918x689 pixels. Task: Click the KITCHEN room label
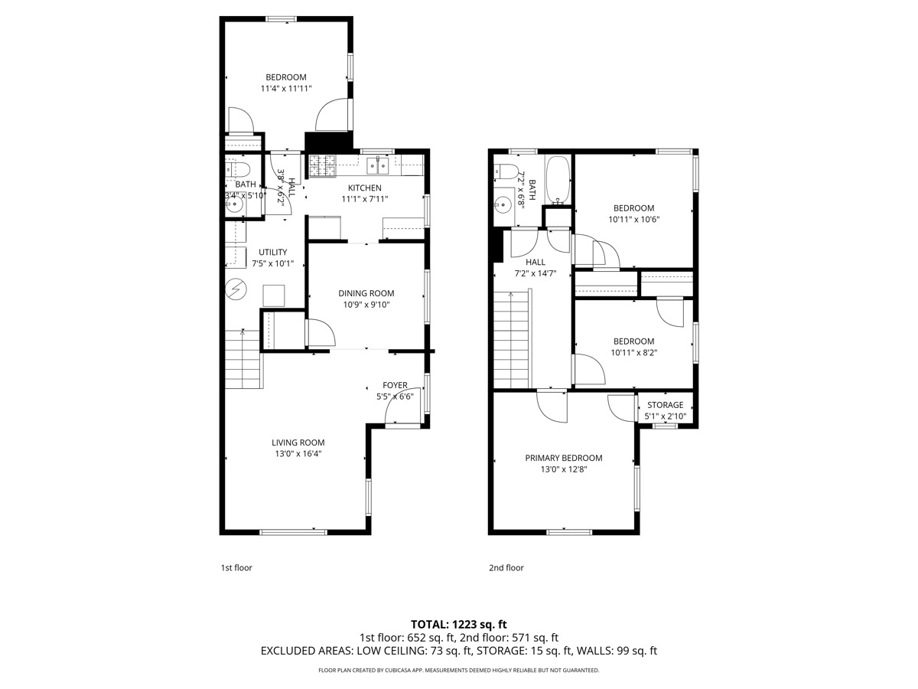tap(364, 188)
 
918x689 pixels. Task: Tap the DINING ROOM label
tap(366, 293)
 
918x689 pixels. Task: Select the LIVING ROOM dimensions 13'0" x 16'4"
tap(298, 453)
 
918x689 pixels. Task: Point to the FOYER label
tap(396, 385)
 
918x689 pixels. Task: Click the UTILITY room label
tap(272, 252)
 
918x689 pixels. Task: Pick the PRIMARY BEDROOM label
tap(563, 458)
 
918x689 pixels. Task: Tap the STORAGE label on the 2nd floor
tap(665, 405)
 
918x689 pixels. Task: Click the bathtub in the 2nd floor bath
tap(558, 181)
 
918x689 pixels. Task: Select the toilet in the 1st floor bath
tap(239, 168)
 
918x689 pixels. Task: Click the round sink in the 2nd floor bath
tap(503, 204)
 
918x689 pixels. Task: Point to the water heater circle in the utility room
tap(236, 289)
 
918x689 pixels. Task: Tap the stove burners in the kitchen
tap(321, 162)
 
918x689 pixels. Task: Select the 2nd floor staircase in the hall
tap(511, 341)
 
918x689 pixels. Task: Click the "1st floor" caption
tap(236, 568)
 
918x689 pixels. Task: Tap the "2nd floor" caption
tap(506, 568)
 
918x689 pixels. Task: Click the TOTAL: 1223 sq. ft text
tap(459, 624)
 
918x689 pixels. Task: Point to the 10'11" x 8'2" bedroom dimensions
tap(633, 353)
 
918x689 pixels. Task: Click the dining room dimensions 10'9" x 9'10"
tap(366, 305)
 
